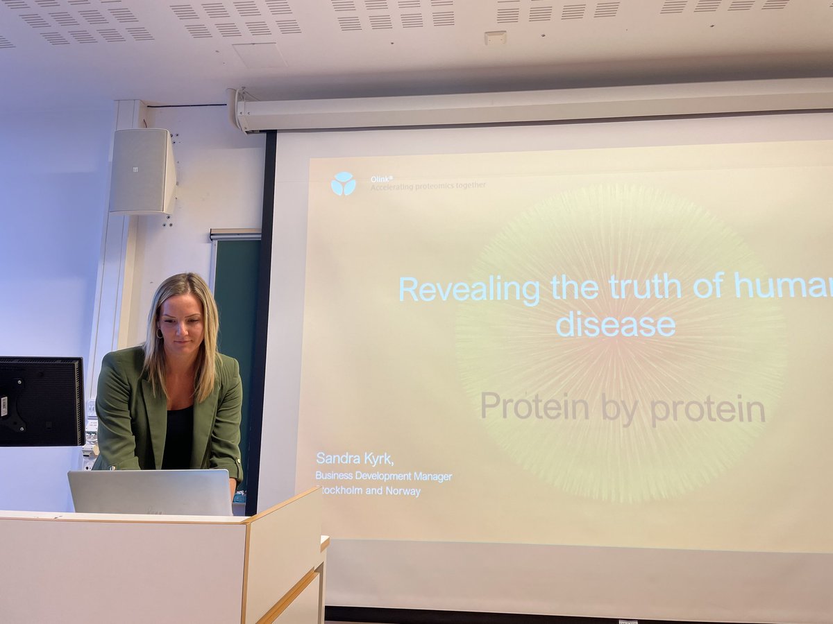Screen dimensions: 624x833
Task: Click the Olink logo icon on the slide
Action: point(343,184)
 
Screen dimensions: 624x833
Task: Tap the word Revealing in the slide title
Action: point(469,288)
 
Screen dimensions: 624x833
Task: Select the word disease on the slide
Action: point(616,324)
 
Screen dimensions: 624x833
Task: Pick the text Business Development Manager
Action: point(384,476)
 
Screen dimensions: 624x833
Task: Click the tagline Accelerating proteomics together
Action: point(428,186)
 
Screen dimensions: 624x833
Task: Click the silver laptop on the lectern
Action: point(150,493)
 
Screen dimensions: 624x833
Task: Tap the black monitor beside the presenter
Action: point(41,401)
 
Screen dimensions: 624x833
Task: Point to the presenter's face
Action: point(180,326)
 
